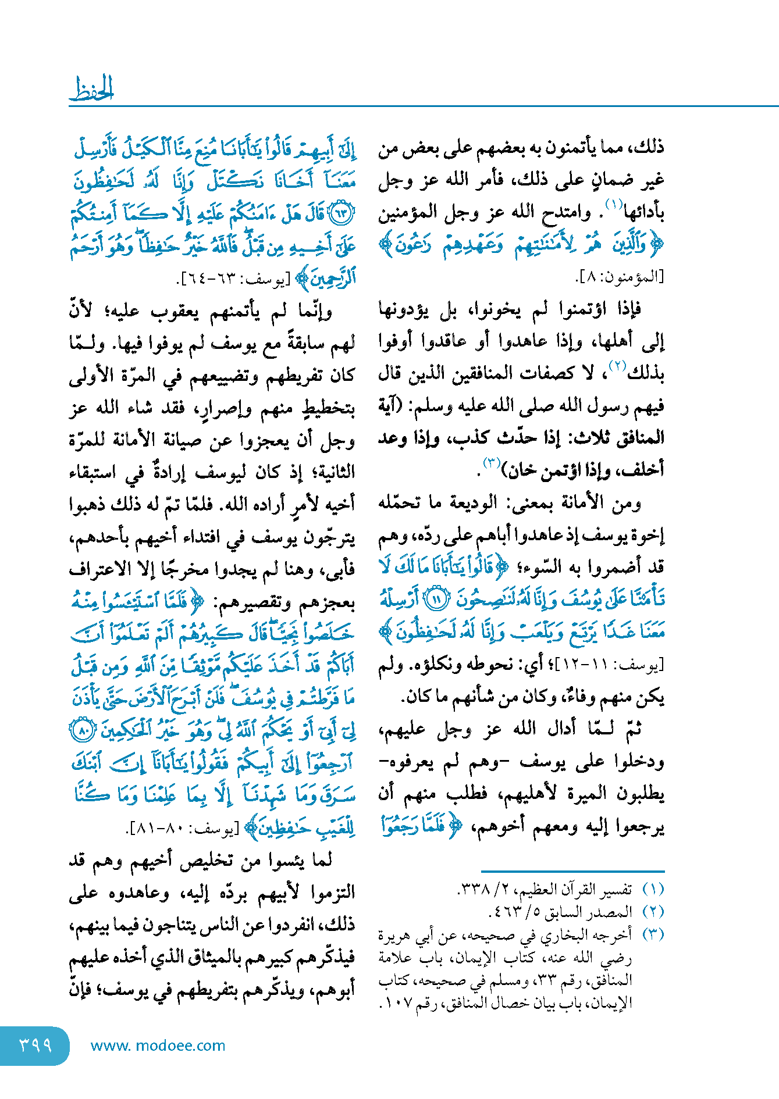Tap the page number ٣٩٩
[35, 1045]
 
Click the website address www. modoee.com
[158, 1046]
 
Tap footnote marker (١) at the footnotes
[653, 890]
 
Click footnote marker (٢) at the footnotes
[653, 912]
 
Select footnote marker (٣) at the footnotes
[653, 934]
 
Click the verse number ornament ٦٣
[343, 214]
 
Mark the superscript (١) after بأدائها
[614, 204]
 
